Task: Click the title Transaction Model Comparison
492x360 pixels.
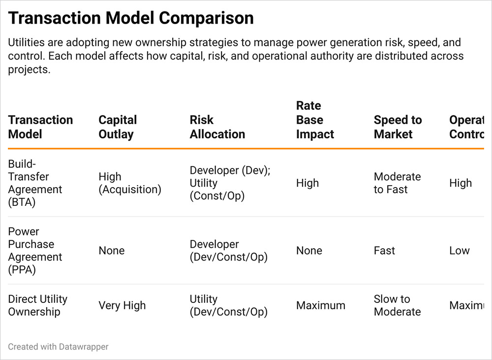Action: click(x=131, y=18)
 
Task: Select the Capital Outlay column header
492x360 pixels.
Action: click(x=118, y=127)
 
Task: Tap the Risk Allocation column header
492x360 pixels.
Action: click(x=217, y=127)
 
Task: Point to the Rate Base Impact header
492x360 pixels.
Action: click(x=315, y=120)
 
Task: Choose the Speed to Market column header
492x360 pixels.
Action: click(x=398, y=127)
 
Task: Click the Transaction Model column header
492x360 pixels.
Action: click(x=40, y=127)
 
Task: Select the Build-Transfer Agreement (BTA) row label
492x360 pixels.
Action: click(x=35, y=183)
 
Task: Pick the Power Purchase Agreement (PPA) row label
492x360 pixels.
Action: click(x=35, y=251)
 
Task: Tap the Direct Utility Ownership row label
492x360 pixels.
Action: click(x=38, y=305)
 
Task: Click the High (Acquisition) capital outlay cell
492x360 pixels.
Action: click(x=130, y=183)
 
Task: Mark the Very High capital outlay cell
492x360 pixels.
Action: click(x=122, y=305)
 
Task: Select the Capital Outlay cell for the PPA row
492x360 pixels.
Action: click(x=112, y=251)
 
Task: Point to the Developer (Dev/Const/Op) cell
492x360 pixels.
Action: click(x=229, y=251)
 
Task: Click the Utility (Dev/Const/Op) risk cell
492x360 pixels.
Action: click(x=229, y=305)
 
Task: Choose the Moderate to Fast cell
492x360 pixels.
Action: click(x=397, y=183)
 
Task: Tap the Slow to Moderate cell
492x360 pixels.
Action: click(x=397, y=305)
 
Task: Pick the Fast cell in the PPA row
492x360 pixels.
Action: click(x=384, y=251)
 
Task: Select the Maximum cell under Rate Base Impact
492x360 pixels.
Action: click(x=321, y=305)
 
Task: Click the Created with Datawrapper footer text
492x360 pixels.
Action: click(x=58, y=347)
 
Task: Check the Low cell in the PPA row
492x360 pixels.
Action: click(x=460, y=251)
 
